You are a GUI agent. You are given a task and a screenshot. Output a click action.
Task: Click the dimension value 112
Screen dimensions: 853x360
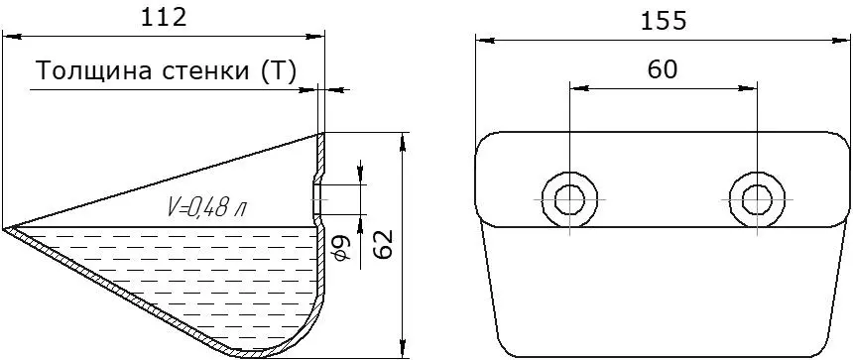164,18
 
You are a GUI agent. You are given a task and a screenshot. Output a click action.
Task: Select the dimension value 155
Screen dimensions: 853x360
664,21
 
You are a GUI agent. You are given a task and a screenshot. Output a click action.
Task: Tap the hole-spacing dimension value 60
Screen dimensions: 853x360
663,69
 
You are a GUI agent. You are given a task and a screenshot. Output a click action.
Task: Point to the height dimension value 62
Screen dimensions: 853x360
385,245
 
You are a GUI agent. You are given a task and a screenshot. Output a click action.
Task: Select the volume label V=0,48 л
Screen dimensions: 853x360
205,208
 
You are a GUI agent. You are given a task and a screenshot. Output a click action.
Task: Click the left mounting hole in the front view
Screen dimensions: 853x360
569,199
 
